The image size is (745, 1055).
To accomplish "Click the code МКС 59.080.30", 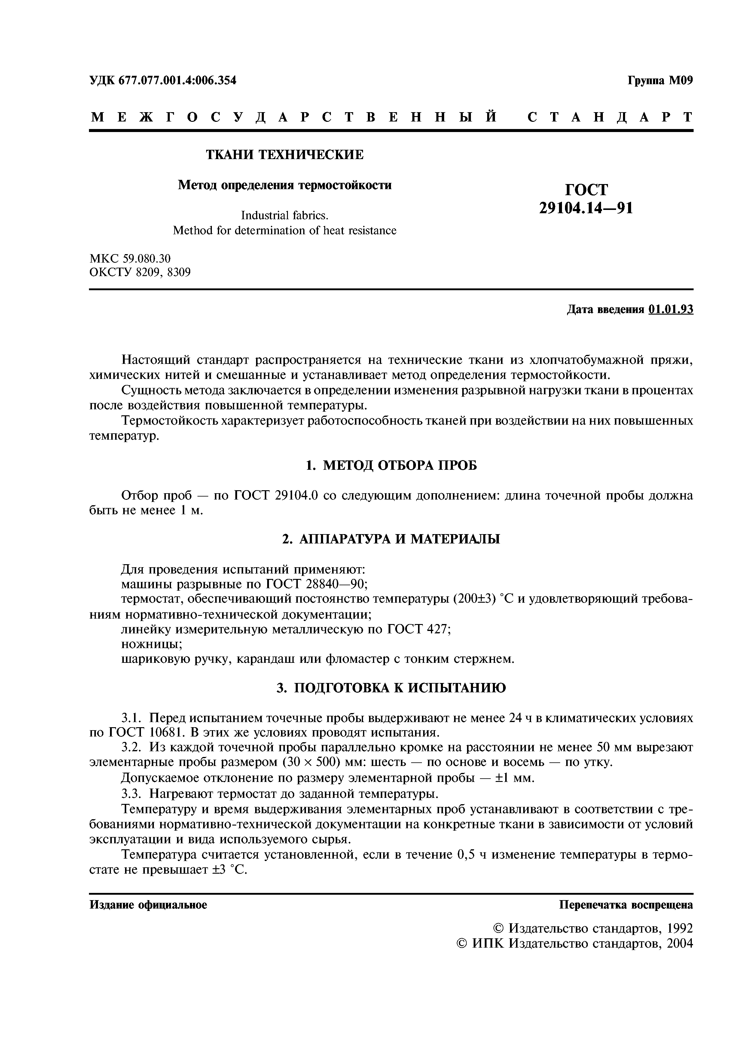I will pos(130,258).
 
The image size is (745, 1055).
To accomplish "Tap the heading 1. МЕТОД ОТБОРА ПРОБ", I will pos(391,466).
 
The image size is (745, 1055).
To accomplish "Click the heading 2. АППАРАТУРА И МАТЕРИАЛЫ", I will pos(391,539).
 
